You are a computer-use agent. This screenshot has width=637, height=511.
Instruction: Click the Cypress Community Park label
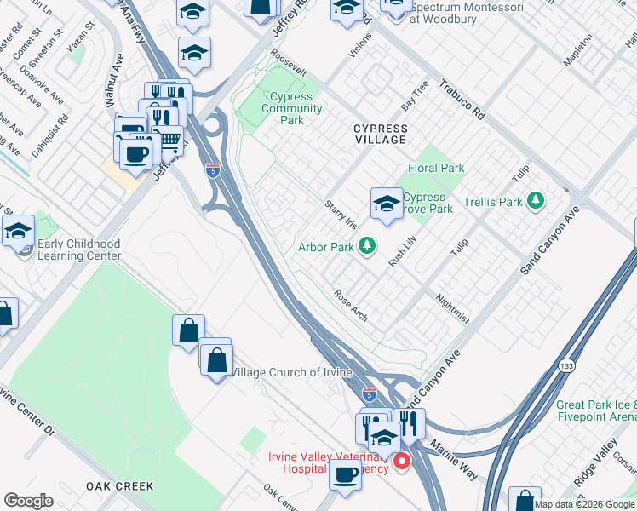coord(291,109)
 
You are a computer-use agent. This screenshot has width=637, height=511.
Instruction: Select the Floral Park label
coord(436,168)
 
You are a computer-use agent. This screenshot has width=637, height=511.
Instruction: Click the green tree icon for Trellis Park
coord(536,201)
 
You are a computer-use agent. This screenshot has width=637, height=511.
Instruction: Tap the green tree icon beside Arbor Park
coord(367,247)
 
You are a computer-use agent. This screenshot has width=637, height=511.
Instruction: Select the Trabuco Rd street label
coord(462,100)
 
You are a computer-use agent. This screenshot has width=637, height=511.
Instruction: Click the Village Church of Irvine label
coord(289,372)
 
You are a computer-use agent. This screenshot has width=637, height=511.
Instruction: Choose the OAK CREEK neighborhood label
coord(120,485)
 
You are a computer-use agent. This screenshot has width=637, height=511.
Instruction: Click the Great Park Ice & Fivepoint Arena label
coord(596,411)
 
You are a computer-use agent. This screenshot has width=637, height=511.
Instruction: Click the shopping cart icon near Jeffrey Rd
coord(170,138)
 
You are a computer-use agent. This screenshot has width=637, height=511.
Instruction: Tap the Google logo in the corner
coord(28,501)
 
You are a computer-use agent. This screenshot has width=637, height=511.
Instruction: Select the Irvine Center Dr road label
coord(26,416)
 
